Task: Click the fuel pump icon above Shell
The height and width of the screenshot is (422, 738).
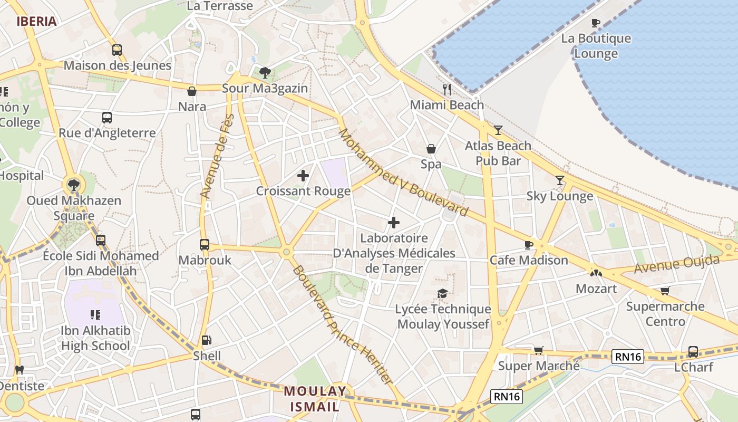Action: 207,340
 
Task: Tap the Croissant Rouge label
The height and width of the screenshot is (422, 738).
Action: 303,191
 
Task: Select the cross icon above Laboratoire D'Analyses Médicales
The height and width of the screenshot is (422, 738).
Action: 393,223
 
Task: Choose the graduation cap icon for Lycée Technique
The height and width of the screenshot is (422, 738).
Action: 442,293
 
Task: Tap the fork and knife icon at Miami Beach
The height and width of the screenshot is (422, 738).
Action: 447,90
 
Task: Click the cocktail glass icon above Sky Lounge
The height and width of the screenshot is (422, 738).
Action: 559,180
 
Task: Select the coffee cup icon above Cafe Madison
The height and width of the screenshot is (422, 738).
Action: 528,245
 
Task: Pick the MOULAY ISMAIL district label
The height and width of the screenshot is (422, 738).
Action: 315,399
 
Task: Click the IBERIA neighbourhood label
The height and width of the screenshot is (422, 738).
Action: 36,22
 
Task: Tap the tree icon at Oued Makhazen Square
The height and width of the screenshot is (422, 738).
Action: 73,185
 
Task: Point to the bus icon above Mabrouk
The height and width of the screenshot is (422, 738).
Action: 205,245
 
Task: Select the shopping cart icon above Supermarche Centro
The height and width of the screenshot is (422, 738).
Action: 665,291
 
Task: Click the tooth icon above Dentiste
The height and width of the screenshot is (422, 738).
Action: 20,370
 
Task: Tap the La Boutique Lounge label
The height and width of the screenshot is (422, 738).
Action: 596,46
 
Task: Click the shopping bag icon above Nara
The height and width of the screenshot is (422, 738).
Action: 192,91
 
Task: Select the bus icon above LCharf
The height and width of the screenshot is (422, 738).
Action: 693,351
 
